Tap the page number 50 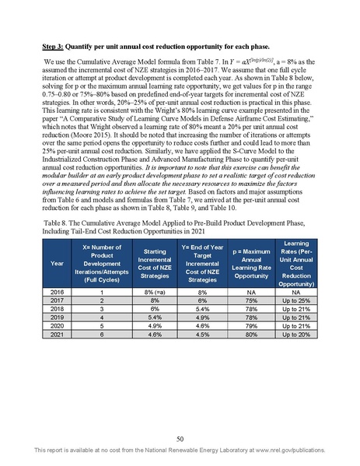[x=180, y=439]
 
